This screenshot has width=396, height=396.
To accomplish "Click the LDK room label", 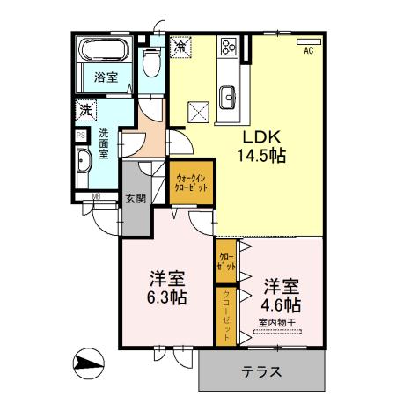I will [x=261, y=137].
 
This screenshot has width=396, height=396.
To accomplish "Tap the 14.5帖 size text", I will [x=261, y=156].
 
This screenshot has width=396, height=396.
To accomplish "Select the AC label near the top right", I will [x=309, y=51].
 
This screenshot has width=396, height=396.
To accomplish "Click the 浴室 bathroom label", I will [x=105, y=77].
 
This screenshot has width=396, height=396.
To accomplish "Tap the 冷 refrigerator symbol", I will [x=180, y=45].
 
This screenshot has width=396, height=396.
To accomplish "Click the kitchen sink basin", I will [x=228, y=95].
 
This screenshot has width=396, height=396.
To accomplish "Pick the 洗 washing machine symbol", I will [x=86, y=111].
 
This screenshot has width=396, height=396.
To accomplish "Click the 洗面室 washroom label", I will [x=104, y=144].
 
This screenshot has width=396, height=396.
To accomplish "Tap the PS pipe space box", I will [x=80, y=136].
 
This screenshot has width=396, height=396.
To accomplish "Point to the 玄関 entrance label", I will [x=135, y=199].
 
